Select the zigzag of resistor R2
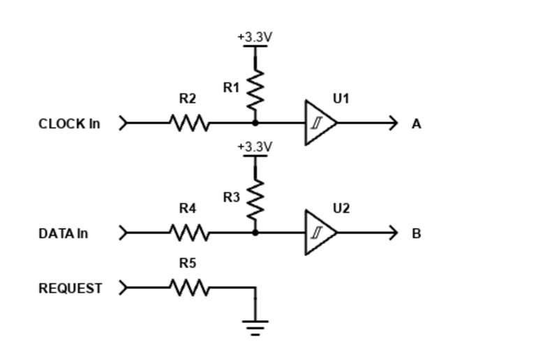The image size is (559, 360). tap(188, 123)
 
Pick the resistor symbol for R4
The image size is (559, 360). tap(188, 232)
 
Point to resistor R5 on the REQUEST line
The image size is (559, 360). tap(188, 287)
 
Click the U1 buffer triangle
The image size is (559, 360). tap(319, 123)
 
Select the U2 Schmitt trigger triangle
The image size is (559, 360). tap(319, 232)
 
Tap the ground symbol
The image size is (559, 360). tap(255, 326)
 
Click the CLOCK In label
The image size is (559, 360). tap(69, 124)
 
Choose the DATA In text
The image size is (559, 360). tap(64, 233)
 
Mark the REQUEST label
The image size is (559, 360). tap(70, 288)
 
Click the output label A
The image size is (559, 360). tap(417, 124)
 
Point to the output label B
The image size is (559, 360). tap(417, 233)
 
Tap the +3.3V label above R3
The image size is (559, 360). tap(255, 147)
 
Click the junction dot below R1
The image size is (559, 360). tap(255, 123)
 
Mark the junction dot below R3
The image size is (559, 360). tap(255, 232)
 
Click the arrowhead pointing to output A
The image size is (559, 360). tap(394, 123)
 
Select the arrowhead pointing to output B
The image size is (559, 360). tap(394, 232)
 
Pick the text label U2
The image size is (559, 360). tap(341, 208)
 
